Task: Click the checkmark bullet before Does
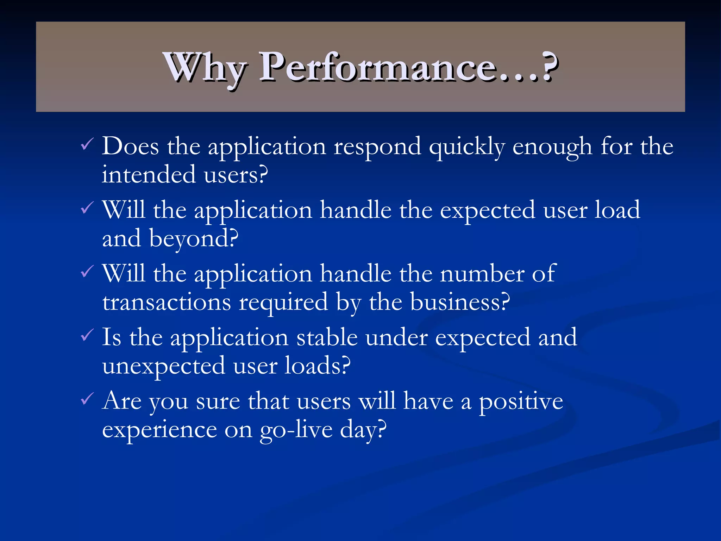click(x=87, y=144)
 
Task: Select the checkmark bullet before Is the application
click(x=87, y=335)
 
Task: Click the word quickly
click(x=466, y=147)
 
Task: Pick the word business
click(x=459, y=302)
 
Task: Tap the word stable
click(x=327, y=337)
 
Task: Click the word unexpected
click(x=164, y=366)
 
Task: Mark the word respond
click(x=377, y=147)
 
